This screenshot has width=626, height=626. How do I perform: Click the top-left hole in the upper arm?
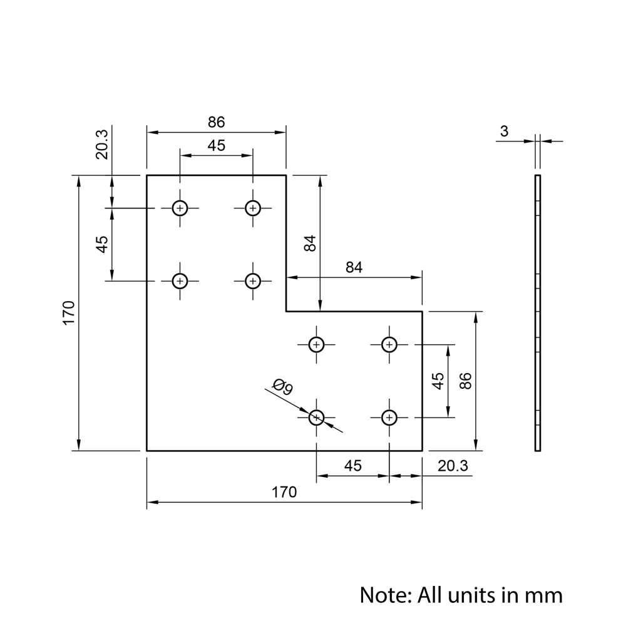click(x=180, y=208)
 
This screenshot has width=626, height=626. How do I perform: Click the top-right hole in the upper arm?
click(x=253, y=208)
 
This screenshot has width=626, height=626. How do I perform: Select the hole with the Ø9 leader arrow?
click(x=317, y=416)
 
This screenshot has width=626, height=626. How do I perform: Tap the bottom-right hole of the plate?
click(x=389, y=416)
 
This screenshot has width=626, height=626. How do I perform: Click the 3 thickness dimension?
click(x=505, y=131)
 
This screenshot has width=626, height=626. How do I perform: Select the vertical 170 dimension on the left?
click(x=69, y=312)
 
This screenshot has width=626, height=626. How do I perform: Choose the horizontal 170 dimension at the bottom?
click(x=284, y=492)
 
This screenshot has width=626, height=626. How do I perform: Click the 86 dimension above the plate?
click(x=216, y=122)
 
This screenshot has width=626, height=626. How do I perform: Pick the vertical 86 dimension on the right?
click(x=464, y=381)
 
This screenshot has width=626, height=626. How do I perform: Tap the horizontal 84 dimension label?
click(x=354, y=268)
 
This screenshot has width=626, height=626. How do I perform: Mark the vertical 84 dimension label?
click(x=310, y=243)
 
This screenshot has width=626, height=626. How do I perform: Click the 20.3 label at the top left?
click(x=102, y=143)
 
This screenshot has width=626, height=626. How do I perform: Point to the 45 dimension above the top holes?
click(x=216, y=145)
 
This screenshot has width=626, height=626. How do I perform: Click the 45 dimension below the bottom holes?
click(x=353, y=466)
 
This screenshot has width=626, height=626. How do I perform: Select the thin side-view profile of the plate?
click(x=537, y=313)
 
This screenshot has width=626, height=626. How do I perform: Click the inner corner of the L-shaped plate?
click(x=286, y=310)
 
